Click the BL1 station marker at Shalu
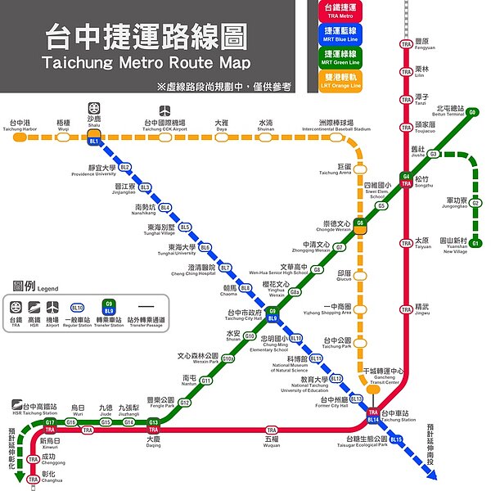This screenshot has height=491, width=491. coord(94,142)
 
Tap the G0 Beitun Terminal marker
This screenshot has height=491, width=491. coord(473,112)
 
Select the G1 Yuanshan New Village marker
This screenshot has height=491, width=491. coord(475,242)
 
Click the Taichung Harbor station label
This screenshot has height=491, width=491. coord(20,125)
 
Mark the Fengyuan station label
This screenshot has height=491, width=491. coord(421,44)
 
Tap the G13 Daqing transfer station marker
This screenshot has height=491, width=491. coord(153,422)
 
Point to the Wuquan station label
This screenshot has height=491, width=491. coord(272,442)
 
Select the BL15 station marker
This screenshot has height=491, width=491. coord(397,440)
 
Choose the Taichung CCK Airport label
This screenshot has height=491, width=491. coord(164,125)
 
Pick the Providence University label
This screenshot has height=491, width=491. coord(94,170)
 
